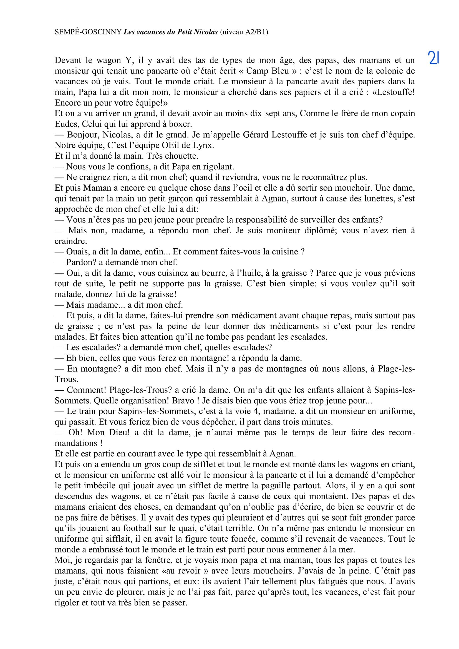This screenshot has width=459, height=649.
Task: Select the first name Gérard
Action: [x=256, y=135]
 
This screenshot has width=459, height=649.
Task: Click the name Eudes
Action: [x=64, y=124]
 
